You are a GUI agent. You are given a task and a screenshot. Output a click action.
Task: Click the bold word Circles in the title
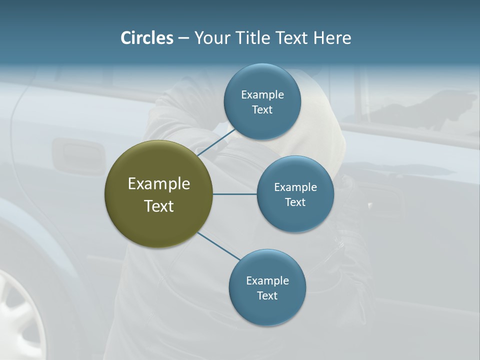(146, 38)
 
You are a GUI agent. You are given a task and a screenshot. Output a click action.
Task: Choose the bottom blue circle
(267, 310)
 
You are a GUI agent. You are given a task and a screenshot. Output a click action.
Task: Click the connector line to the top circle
(216, 142)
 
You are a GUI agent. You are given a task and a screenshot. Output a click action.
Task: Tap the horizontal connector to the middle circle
(234, 194)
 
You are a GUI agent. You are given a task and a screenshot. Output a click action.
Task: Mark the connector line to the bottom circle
(218, 246)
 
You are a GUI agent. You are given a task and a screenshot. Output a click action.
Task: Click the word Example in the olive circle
(158, 184)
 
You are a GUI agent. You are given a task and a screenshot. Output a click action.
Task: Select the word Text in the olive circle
(158, 206)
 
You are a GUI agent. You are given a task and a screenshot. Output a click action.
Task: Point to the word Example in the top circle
(262, 94)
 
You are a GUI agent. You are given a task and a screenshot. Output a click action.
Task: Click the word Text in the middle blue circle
(295, 202)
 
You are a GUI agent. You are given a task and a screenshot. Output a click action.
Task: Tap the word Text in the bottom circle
(267, 295)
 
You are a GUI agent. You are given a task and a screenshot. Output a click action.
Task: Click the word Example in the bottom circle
(267, 280)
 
